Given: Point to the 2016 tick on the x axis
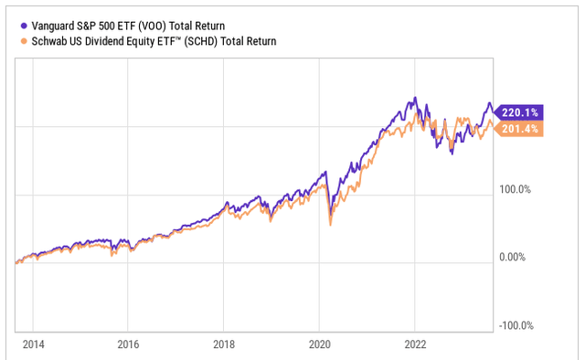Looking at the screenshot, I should [x=128, y=344].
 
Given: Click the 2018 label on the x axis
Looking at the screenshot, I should [x=224, y=344].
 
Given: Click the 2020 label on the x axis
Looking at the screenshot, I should [x=319, y=344].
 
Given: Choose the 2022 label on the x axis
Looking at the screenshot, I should [x=415, y=344].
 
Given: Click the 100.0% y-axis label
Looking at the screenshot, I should [x=514, y=190].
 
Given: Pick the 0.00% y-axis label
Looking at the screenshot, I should [x=514, y=259].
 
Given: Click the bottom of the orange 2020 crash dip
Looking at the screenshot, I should [x=330, y=225].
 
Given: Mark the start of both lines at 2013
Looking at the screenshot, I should [x=16, y=263].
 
